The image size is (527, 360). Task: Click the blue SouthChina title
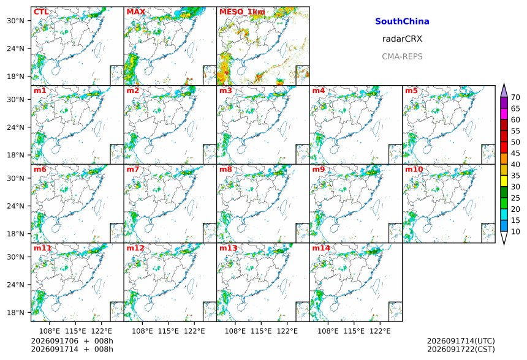[402, 21]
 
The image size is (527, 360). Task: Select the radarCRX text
[402, 39]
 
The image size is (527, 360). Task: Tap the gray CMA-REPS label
[402, 56]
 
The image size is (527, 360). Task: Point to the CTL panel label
[41, 12]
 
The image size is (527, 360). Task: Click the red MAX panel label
[136, 12]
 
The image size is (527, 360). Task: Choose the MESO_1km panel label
[242, 12]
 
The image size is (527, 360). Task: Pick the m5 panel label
[411, 91]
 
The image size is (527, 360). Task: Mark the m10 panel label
[414, 169]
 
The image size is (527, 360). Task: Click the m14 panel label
[321, 248]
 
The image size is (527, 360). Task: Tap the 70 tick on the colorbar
[515, 97]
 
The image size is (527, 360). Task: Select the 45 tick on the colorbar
[515, 153]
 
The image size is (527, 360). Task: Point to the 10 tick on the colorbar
[515, 231]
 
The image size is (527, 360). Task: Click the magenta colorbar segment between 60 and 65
[504, 114]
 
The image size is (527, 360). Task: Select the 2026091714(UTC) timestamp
[461, 341]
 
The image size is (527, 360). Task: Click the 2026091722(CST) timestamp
[461, 349]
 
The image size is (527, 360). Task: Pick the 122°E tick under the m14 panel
[380, 331]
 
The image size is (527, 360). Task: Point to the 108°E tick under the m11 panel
[50, 331]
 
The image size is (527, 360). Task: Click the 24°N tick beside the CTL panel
[15, 48]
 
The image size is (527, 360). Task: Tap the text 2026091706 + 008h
[72, 341]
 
